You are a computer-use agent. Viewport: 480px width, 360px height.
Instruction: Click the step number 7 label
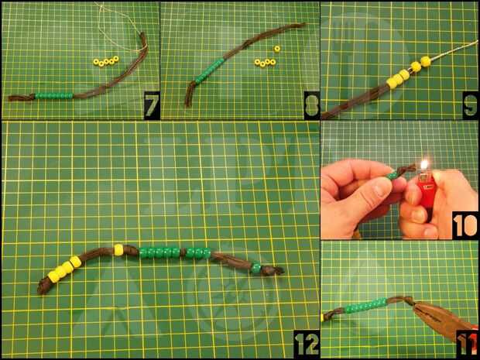tap(152, 105)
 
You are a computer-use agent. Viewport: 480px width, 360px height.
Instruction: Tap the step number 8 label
tap(312, 105)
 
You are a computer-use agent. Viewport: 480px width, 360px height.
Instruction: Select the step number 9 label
tap(470, 105)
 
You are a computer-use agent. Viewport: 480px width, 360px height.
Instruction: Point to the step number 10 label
tap(465, 225)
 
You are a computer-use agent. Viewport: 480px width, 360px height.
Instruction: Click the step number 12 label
tap(307, 344)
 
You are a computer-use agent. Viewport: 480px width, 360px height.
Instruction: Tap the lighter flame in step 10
tap(424, 166)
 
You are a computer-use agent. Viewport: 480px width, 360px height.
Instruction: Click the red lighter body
tap(426, 194)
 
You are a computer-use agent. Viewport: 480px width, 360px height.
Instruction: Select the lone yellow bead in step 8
tap(277, 49)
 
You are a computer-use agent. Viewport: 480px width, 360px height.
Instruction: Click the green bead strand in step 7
tap(54, 96)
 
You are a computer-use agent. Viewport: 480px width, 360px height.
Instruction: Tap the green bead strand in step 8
tap(210, 70)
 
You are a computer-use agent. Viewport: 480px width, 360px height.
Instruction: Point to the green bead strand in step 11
tap(366, 306)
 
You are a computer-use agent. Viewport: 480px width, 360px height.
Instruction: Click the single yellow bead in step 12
tap(118, 250)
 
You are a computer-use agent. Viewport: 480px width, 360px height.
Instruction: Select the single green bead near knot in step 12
tap(256, 267)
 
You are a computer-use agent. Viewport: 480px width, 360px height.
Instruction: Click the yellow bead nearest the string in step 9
tap(426, 61)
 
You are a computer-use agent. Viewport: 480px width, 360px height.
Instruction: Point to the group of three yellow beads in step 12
tap(64, 269)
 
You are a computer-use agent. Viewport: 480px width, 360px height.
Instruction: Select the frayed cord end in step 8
tap(189, 94)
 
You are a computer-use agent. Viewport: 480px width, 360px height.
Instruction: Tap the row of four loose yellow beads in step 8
tap(265, 63)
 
